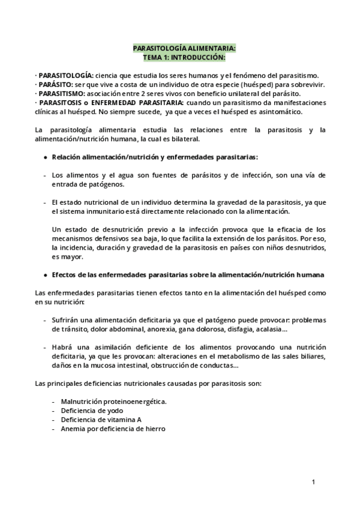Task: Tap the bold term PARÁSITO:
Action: [x=55, y=85]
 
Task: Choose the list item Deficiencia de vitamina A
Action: [x=97, y=420]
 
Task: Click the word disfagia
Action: [x=239, y=330]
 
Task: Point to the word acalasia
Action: [x=272, y=330]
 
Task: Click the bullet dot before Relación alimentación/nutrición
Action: [x=47, y=157]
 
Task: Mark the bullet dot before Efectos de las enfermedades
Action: [x=47, y=275]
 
